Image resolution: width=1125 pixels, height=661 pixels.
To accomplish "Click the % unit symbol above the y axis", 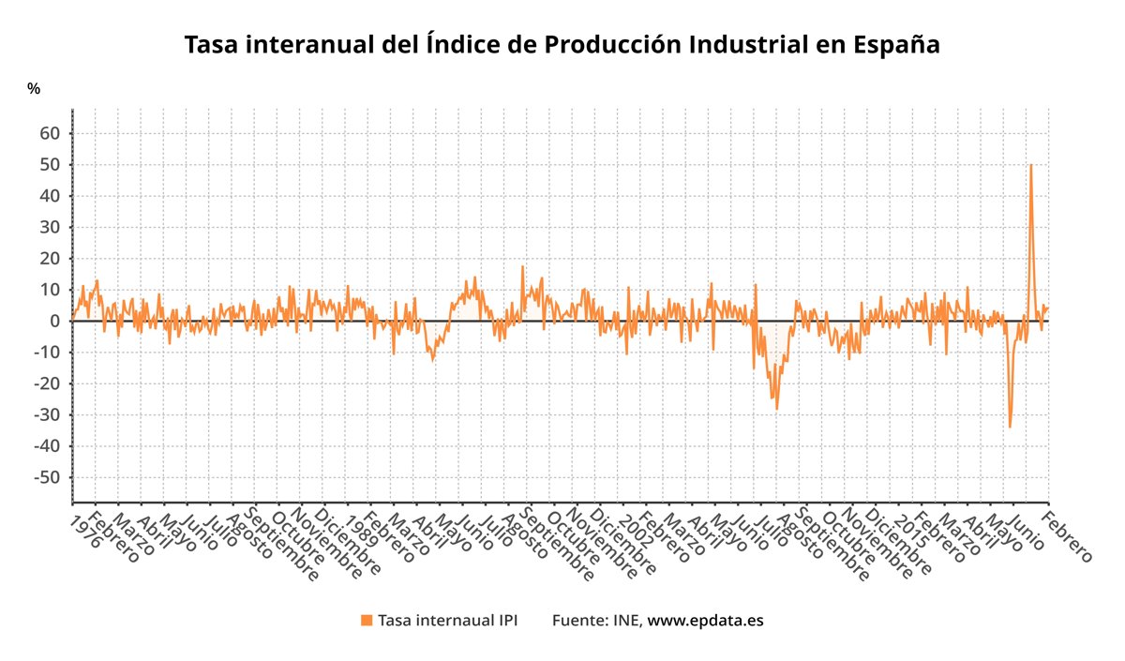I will pyautogui.click(x=34, y=89).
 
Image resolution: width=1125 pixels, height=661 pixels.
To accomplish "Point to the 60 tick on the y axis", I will pyautogui.click(x=51, y=133).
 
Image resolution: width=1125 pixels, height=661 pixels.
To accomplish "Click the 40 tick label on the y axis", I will pyautogui.click(x=51, y=196).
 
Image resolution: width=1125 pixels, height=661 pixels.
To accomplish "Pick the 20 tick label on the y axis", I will pyautogui.click(x=51, y=259).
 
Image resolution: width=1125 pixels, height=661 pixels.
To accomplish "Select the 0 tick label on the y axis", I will pyautogui.click(x=55, y=321).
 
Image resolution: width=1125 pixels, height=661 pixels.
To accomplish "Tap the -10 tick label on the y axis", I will pyautogui.click(x=48, y=353).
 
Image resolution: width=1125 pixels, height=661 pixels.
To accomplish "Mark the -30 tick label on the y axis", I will pyautogui.click(x=48, y=414).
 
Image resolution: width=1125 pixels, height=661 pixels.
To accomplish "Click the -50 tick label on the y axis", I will pyautogui.click(x=48, y=477).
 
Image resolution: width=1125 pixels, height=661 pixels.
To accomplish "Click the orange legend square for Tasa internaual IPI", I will pyautogui.click(x=367, y=621).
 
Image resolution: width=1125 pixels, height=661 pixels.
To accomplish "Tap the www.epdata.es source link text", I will pyautogui.click(x=705, y=621).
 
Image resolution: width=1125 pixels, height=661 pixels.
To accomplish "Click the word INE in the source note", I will pyautogui.click(x=626, y=621).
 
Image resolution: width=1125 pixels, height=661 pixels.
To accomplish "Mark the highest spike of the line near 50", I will pyautogui.click(x=1031, y=165).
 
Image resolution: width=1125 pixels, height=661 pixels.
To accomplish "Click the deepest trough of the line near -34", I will pyautogui.click(x=1010, y=428).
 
